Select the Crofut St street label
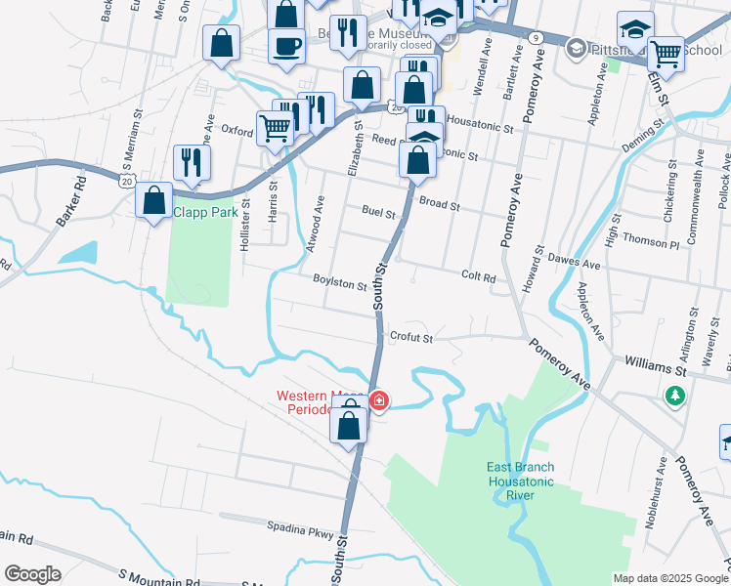[410, 338]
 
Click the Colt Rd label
[479, 277]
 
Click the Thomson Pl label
[650, 241]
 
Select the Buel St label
[377, 212]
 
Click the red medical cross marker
[378, 400]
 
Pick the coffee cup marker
[286, 46]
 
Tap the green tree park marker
[673, 396]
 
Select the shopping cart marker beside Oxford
[276, 126]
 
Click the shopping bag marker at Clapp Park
[154, 200]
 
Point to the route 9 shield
[535, 37]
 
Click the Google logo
[32, 574]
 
